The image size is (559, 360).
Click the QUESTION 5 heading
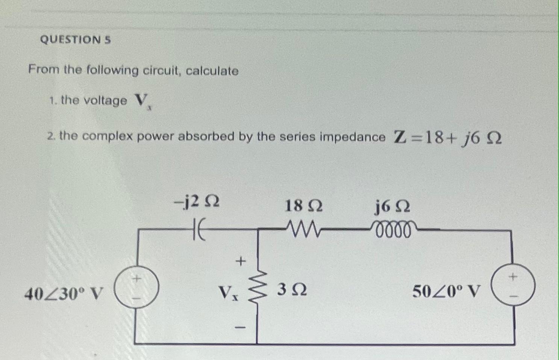point(75,39)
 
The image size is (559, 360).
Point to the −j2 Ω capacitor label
point(196,203)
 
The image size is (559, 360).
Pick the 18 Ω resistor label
point(303,206)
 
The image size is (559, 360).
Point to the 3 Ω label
point(292,290)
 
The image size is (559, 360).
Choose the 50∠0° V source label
point(447,291)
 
